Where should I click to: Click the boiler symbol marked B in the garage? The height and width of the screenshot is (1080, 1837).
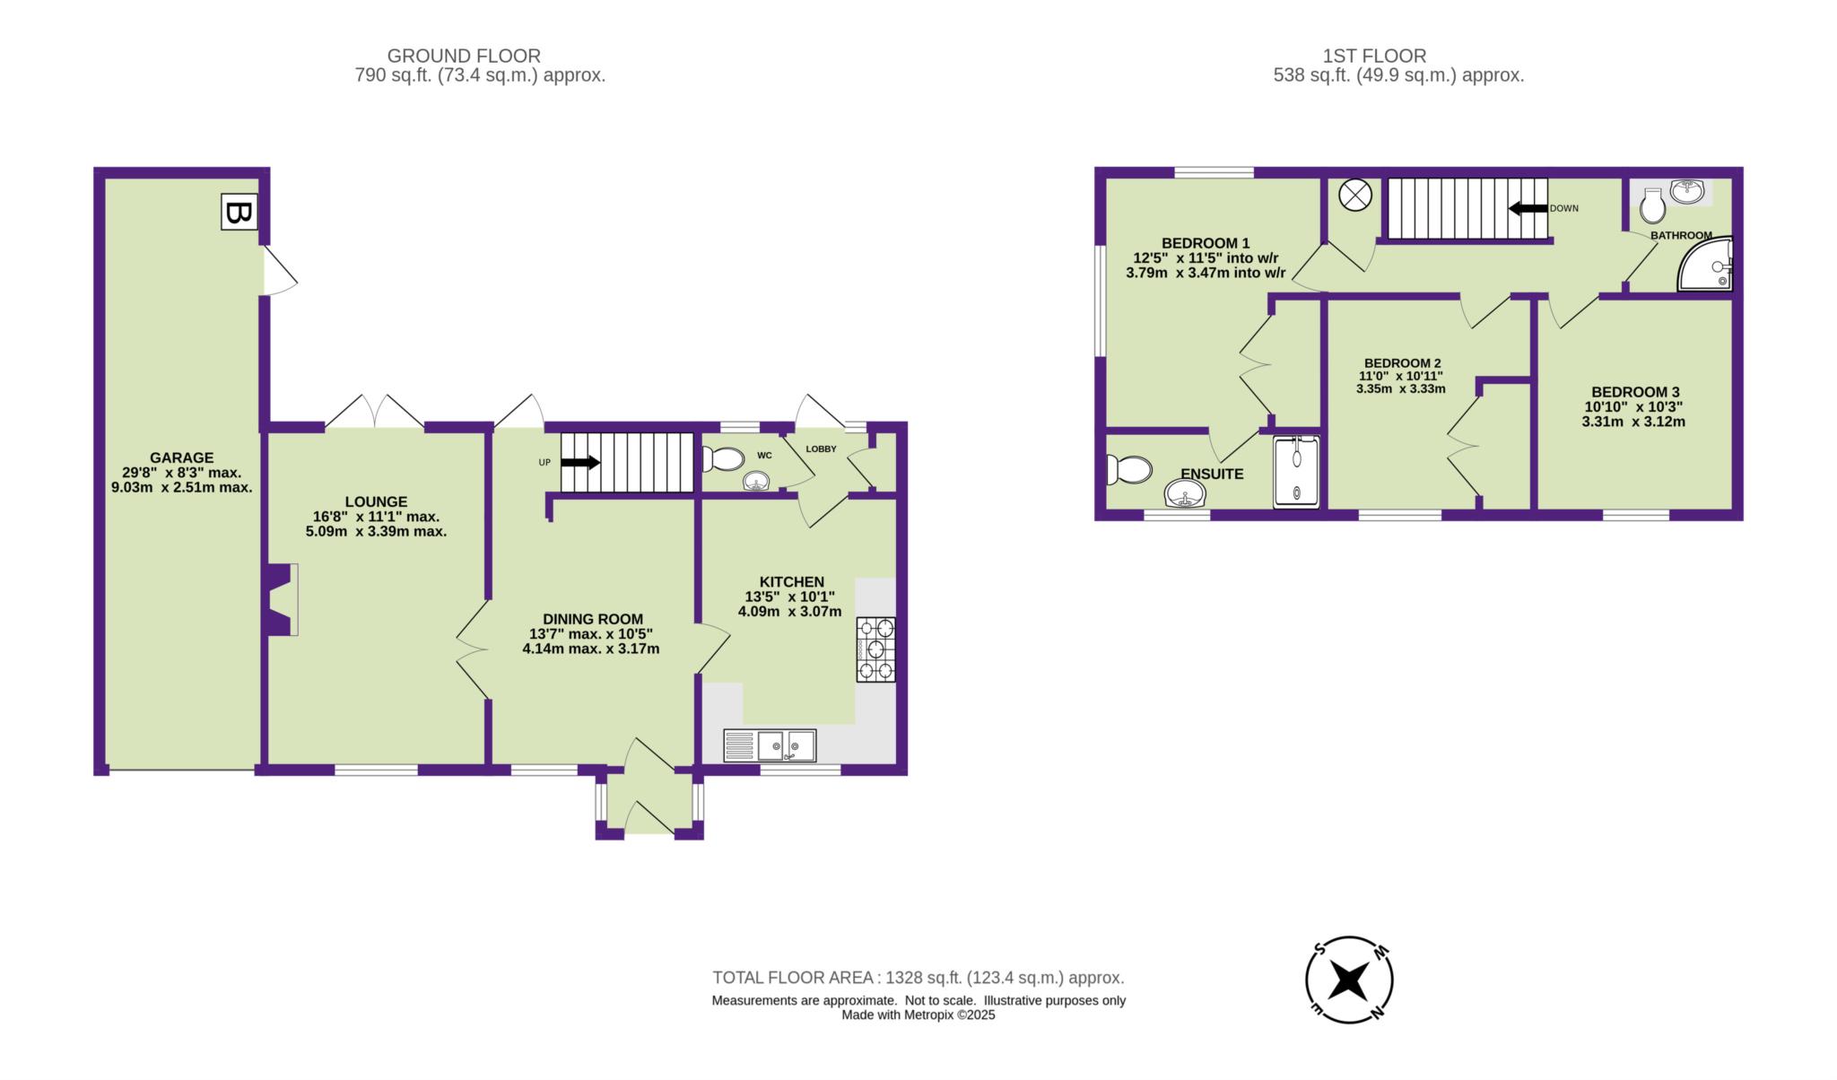(239, 213)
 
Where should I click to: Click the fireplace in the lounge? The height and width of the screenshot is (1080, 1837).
(282, 600)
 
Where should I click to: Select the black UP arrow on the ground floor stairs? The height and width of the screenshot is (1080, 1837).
(580, 462)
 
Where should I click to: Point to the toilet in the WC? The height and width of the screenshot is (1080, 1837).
(722, 459)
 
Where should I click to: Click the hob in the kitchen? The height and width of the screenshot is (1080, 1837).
(875, 649)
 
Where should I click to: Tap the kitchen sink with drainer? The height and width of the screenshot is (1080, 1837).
(770, 745)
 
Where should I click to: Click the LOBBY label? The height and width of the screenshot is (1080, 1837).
(821, 449)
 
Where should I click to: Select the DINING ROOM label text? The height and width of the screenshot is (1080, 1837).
(593, 619)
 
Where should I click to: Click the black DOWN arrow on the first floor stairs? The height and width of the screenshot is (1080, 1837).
(1528, 208)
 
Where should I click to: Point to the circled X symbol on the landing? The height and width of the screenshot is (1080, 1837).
(1355, 195)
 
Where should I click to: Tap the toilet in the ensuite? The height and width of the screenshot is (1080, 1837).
(1129, 469)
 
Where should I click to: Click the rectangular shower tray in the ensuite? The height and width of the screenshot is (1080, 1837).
(1297, 472)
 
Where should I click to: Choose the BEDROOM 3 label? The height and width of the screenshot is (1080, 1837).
(1635, 392)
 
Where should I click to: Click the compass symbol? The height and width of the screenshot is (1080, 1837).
(1349, 980)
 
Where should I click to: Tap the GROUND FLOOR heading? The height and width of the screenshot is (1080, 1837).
(464, 57)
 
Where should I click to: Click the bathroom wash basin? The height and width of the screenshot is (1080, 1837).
(1687, 191)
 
